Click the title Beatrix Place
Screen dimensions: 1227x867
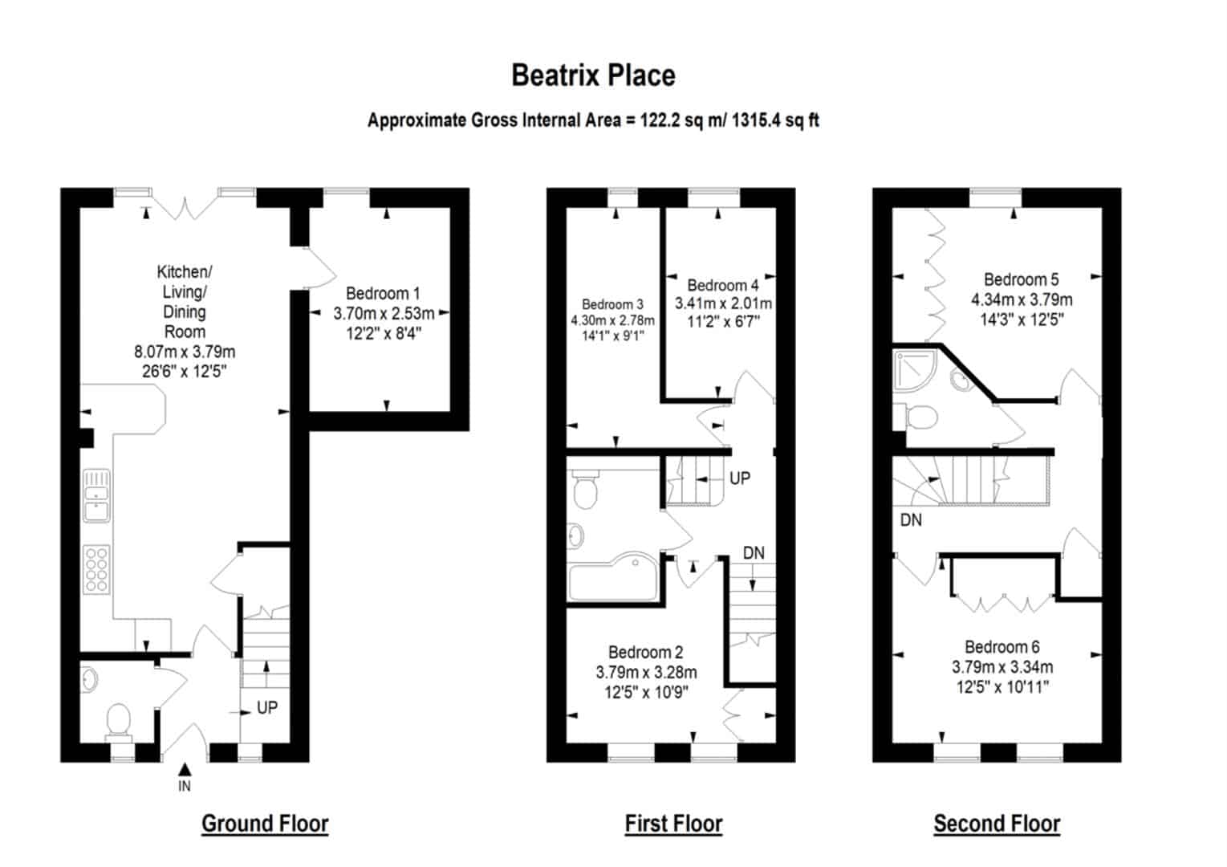coord(593,75)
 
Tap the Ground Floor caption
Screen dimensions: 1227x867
coord(265,823)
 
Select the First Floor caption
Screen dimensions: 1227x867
coord(674,823)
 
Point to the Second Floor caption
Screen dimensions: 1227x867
coord(997,823)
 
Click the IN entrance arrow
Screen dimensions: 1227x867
coord(185,769)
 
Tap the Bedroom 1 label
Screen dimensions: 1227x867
coord(383,293)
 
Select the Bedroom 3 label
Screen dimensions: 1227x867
coord(612,304)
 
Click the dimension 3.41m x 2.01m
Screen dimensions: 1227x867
coord(723,303)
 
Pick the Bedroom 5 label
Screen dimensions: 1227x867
coord(1022,279)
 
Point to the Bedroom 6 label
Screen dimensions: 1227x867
coord(1002,647)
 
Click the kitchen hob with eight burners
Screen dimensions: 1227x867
coord(96,569)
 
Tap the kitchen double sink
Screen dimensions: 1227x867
coord(96,495)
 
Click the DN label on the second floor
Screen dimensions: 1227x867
coord(911,519)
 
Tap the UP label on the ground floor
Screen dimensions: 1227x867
coord(267,707)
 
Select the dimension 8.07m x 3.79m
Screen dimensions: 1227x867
coord(185,352)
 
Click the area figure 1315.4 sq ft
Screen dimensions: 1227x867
coord(775,120)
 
